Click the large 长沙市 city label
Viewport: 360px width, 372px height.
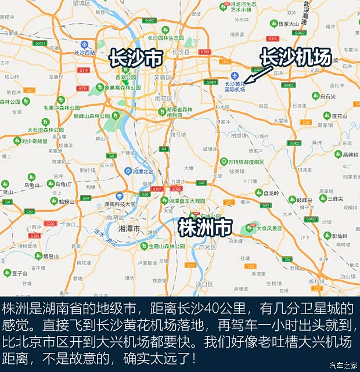click(x=135, y=58)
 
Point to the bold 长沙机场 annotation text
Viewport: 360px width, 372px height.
click(x=295, y=57)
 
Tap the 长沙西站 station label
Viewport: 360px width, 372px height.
click(x=85, y=52)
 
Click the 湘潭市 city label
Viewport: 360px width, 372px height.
click(x=129, y=229)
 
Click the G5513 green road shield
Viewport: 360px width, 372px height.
click(x=40, y=43)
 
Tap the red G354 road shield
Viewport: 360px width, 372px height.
click(x=82, y=88)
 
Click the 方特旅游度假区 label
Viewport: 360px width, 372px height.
click(x=246, y=162)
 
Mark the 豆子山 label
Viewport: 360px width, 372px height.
click(x=20, y=272)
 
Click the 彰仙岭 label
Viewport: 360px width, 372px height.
click(x=340, y=236)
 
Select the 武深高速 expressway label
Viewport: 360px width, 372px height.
click(x=307, y=12)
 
